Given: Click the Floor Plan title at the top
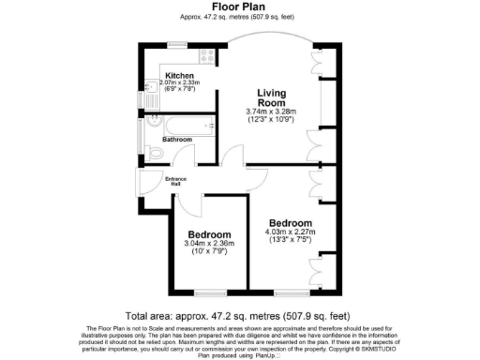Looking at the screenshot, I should coord(240,7).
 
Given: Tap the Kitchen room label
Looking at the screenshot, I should coord(179,75).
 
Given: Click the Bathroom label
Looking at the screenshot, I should coord(178,140).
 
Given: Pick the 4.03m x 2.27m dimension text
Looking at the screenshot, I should coord(291,232).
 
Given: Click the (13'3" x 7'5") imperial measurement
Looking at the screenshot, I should coord(291,240).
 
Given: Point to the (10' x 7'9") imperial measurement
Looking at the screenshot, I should coord(209,252).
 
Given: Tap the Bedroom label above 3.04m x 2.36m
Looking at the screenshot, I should coord(209,234).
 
